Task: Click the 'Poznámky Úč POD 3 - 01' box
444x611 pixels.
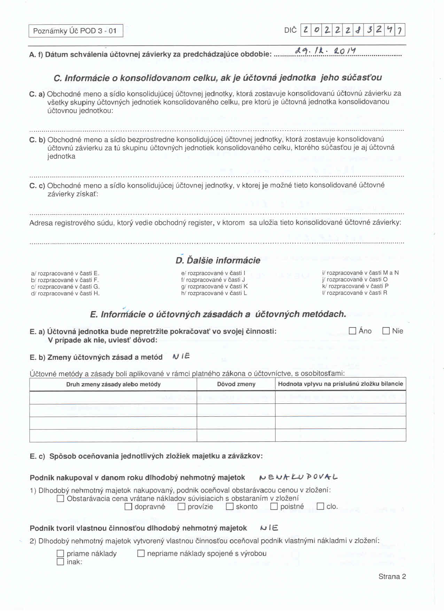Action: (x=76, y=31)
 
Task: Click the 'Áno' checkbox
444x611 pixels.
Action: (x=352, y=331)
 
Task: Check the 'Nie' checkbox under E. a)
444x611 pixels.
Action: (x=386, y=331)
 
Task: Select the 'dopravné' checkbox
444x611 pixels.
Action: (x=128, y=507)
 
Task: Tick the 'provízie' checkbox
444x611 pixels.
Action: (x=181, y=507)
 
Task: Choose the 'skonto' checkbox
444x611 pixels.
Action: (x=229, y=507)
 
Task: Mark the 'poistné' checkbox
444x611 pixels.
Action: (x=274, y=507)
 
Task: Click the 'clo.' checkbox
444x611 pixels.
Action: (x=320, y=507)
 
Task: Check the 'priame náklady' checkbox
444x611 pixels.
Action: (x=60, y=554)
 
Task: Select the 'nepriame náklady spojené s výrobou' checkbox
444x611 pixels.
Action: (x=141, y=554)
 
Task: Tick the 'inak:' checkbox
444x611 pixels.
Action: (x=60, y=562)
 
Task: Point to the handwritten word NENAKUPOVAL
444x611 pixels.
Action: (x=298, y=477)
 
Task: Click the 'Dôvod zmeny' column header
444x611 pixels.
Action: (x=236, y=384)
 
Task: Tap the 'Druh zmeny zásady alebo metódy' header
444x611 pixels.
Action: (x=113, y=385)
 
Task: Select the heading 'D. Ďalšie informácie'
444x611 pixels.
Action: (x=218, y=261)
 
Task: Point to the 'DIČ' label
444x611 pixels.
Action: (x=290, y=30)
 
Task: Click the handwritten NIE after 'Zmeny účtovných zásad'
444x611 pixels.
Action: (x=181, y=356)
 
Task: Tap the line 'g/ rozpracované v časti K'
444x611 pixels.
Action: (x=214, y=286)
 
